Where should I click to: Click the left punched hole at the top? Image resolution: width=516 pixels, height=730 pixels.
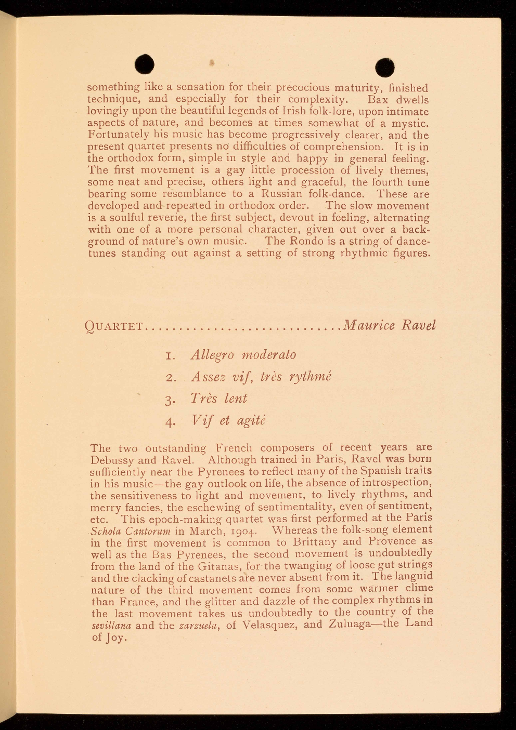click(x=145, y=64)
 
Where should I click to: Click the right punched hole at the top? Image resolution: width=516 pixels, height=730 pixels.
click(x=385, y=67)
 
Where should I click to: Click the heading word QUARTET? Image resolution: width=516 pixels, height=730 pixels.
click(x=114, y=326)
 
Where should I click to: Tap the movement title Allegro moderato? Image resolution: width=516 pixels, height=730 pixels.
click(x=243, y=355)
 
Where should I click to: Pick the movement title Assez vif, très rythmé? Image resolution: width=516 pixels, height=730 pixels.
click(x=261, y=377)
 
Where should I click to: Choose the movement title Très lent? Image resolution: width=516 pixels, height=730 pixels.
click(x=218, y=399)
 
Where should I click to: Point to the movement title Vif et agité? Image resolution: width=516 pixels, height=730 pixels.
click(x=228, y=420)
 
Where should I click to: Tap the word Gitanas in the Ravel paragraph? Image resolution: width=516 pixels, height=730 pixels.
click(x=207, y=566)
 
